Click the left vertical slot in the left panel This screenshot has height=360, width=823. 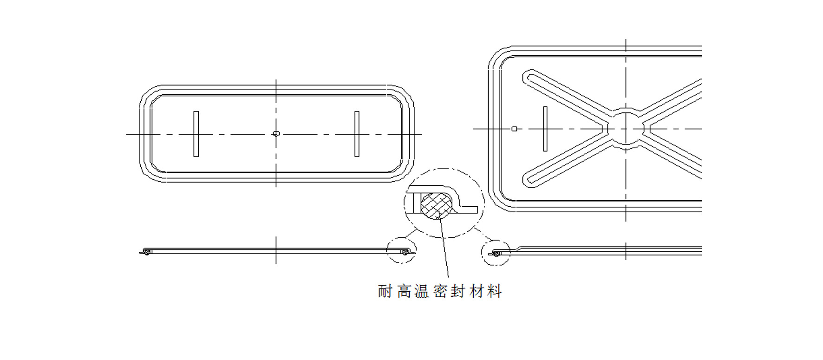point(196,134)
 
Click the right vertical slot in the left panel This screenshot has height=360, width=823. point(357,134)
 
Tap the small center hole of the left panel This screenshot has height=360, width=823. point(276,134)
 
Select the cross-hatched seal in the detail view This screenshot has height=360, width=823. point(436,205)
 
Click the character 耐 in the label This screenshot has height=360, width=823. point(385,291)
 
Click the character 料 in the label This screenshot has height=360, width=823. point(496,291)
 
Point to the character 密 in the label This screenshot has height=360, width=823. point(440,291)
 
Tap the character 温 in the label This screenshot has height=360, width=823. point(422,291)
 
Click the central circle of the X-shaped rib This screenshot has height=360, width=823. point(626,129)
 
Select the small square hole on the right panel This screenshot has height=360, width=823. point(514,129)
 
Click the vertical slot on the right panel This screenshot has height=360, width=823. point(545,129)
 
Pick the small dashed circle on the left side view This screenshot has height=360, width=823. point(401,250)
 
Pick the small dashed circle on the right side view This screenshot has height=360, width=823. point(496,253)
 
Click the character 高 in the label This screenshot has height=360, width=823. point(404,291)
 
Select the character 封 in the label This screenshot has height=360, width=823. point(458,291)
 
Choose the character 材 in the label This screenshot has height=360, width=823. point(477,291)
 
